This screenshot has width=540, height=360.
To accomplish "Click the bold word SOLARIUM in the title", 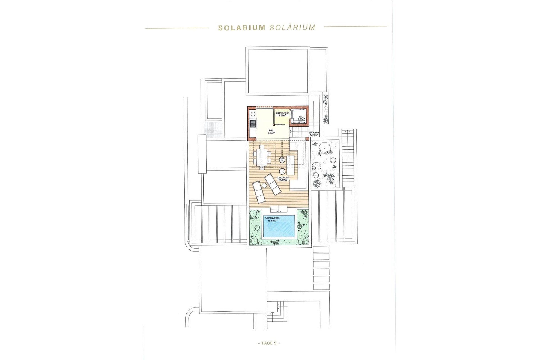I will coord(242,28).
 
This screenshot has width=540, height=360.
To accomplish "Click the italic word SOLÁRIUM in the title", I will coord(292,27).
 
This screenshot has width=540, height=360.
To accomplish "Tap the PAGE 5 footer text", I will coord(269,343).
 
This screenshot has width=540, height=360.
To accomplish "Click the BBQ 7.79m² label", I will coord(271,132).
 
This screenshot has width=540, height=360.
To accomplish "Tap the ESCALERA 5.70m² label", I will coord(314,133).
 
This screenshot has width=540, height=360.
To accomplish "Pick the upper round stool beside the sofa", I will coord(282,160).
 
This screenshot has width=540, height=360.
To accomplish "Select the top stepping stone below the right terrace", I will coord(321,249).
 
